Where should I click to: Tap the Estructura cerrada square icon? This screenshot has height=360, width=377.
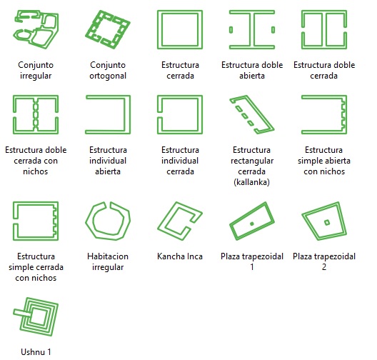(180, 11)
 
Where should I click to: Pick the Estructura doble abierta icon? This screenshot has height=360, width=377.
(252, 29)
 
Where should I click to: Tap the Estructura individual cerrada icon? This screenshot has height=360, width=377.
(180, 96)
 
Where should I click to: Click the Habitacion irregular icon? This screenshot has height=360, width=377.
(89, 221)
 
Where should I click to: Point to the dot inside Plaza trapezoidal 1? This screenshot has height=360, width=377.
(252, 224)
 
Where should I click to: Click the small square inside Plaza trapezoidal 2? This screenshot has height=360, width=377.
(327, 223)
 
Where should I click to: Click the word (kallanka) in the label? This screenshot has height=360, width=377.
(252, 182)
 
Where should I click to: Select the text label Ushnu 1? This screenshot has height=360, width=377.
(36, 352)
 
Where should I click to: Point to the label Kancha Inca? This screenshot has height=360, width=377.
(180, 256)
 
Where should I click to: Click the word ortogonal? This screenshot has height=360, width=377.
(108, 76)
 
